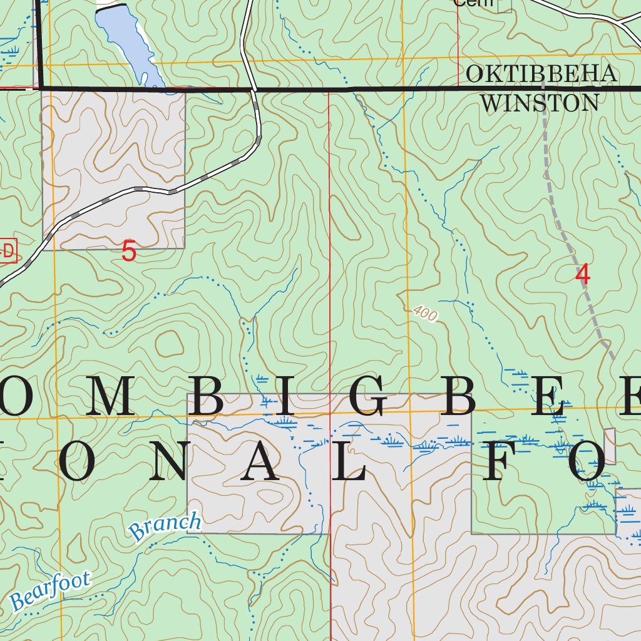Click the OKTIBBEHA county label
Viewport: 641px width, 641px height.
[x=541, y=74]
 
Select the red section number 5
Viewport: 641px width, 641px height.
[x=128, y=252]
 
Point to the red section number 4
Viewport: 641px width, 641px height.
[x=582, y=274]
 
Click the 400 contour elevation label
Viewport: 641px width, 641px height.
[x=425, y=314]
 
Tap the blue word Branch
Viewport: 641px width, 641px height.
[x=165, y=526]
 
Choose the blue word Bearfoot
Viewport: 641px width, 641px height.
[x=50, y=590]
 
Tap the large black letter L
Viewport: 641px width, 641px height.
[x=348, y=464]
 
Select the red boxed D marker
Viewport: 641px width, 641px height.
[x=8, y=251]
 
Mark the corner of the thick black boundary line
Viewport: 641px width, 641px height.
[x=41, y=89]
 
